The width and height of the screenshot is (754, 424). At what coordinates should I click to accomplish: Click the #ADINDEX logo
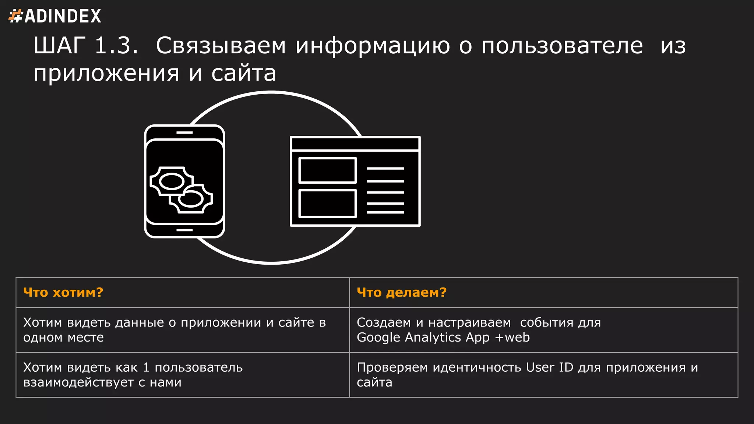point(55,16)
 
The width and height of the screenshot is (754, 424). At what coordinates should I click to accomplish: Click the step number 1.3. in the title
point(116,46)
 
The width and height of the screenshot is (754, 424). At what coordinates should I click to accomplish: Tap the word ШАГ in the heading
point(59,46)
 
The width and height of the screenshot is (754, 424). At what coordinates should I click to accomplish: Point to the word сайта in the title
point(243,73)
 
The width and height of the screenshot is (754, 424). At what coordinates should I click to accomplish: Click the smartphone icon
point(184,181)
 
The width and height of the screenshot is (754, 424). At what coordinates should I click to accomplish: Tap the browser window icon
point(355,181)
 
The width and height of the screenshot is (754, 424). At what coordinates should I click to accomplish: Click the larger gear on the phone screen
point(171,181)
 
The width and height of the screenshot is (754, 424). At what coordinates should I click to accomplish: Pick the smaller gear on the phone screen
point(191,199)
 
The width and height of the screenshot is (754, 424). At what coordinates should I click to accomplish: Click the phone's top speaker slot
point(184,132)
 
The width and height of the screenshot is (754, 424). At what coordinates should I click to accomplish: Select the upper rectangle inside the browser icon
point(327,170)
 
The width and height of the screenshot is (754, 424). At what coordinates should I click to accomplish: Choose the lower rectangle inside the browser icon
point(327,203)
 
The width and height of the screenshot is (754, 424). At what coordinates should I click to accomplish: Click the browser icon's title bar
point(355,144)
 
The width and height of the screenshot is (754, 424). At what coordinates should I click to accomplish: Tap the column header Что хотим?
point(63,293)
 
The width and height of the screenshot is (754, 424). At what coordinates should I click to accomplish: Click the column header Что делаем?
point(402,293)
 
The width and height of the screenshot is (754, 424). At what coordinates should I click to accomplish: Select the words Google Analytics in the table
point(409,338)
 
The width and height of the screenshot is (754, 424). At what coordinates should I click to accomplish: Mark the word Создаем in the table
point(384,322)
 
